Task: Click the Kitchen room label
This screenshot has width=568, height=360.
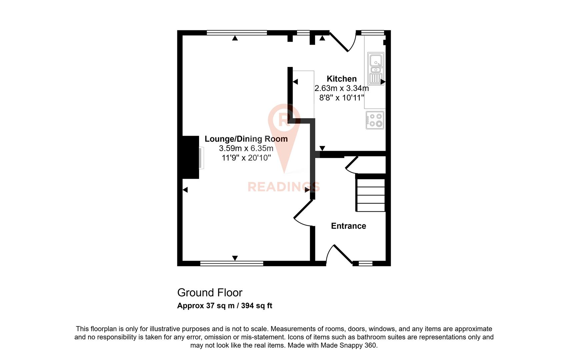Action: [341, 79]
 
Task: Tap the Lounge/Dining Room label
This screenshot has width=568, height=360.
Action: [246, 139]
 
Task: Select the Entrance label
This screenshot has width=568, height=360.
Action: [348, 226]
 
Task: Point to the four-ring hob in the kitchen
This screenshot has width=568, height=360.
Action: [375, 120]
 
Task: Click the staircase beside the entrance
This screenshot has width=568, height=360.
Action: [371, 195]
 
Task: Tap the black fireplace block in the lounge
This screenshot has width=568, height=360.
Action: [191, 157]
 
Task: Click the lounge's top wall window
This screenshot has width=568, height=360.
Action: [237, 33]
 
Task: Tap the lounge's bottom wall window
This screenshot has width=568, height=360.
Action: [232, 264]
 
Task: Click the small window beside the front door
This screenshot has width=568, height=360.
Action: [365, 264]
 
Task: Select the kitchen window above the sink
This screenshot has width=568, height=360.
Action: [373, 33]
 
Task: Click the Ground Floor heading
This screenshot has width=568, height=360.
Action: [210, 293]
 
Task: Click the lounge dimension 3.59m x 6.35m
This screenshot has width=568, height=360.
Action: [246, 148]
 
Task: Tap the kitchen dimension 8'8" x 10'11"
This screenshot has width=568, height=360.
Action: [341, 98]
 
